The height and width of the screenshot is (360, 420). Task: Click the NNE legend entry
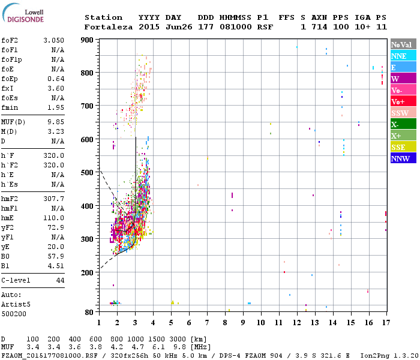399,56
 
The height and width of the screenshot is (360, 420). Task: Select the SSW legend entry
400,113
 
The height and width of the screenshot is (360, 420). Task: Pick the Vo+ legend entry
398,101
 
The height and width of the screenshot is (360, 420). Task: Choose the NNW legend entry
400,158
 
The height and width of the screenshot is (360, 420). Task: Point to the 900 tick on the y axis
88,40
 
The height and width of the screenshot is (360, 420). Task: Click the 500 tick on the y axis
88,173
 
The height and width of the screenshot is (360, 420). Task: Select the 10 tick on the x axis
260,322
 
